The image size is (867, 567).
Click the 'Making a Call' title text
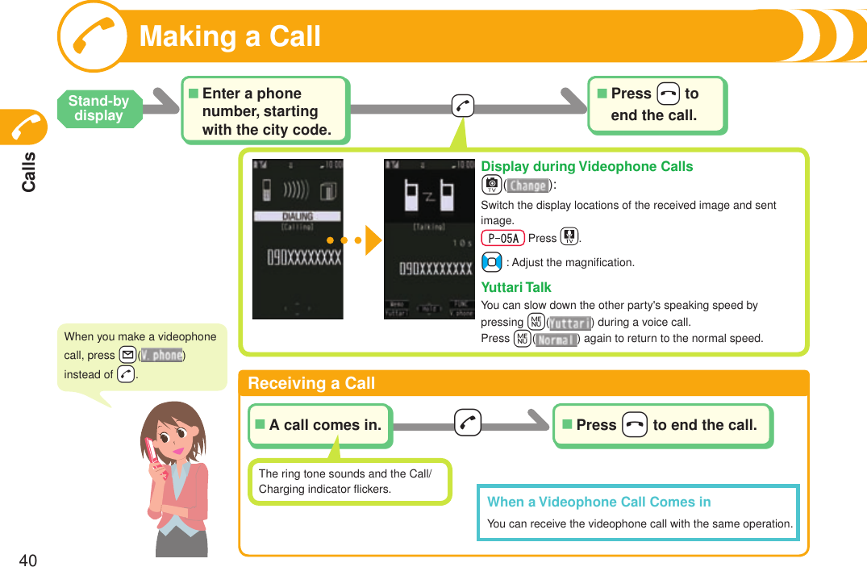[230, 37]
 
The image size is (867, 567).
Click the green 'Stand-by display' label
[98, 108]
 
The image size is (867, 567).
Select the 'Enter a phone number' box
[265, 111]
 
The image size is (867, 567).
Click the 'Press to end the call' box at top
[657, 105]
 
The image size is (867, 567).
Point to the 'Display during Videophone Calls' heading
[586, 167]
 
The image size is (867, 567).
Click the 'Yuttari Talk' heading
[516, 287]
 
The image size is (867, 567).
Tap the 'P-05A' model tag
[502, 238]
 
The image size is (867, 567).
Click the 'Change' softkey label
[528, 186]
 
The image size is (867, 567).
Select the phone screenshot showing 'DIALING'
[298, 239]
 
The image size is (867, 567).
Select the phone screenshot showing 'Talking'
[428, 239]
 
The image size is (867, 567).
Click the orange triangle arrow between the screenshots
[373, 240]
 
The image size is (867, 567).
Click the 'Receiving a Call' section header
[311, 383]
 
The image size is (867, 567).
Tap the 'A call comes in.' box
[320, 425]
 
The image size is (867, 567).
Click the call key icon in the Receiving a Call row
[468, 423]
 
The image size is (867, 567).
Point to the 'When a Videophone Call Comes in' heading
[598, 502]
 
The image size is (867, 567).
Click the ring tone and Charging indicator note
[348, 482]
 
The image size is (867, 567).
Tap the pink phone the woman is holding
[154, 457]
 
